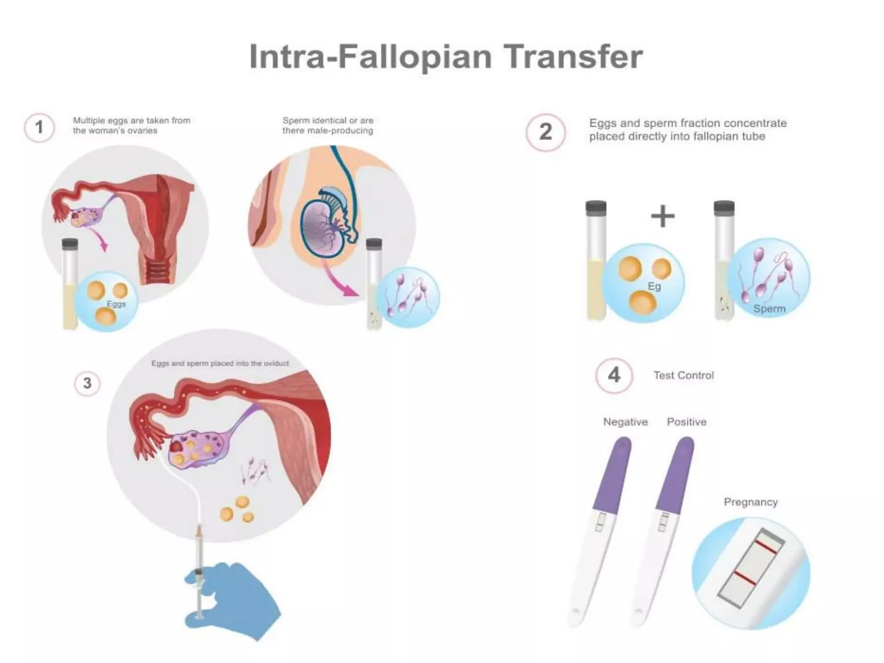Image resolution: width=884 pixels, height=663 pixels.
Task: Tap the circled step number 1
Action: pyautogui.click(x=39, y=128)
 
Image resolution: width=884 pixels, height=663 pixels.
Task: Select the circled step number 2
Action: pyautogui.click(x=546, y=132)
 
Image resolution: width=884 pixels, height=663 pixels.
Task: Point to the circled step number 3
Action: pyautogui.click(x=87, y=383)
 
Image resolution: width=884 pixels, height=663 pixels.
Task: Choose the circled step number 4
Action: pyautogui.click(x=614, y=375)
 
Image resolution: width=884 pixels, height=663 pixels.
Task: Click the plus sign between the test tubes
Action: pyautogui.click(x=663, y=216)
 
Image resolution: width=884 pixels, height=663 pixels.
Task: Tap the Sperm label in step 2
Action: pyautogui.click(x=769, y=309)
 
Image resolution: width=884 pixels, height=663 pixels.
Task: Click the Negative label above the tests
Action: pyautogui.click(x=625, y=422)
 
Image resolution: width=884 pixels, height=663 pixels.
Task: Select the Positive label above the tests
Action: pyautogui.click(x=686, y=422)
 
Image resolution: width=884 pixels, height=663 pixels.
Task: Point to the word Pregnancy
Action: pyautogui.click(x=751, y=502)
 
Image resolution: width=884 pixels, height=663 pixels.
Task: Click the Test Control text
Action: pyautogui.click(x=683, y=376)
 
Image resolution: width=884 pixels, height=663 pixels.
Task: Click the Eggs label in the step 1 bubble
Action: pyautogui.click(x=116, y=304)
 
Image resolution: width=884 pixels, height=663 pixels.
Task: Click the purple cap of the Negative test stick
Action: pyautogui.click(x=613, y=475)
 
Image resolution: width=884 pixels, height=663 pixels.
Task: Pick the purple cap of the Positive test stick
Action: pyautogui.click(x=676, y=475)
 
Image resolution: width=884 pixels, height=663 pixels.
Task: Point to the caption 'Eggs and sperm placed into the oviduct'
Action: pyautogui.click(x=220, y=363)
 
